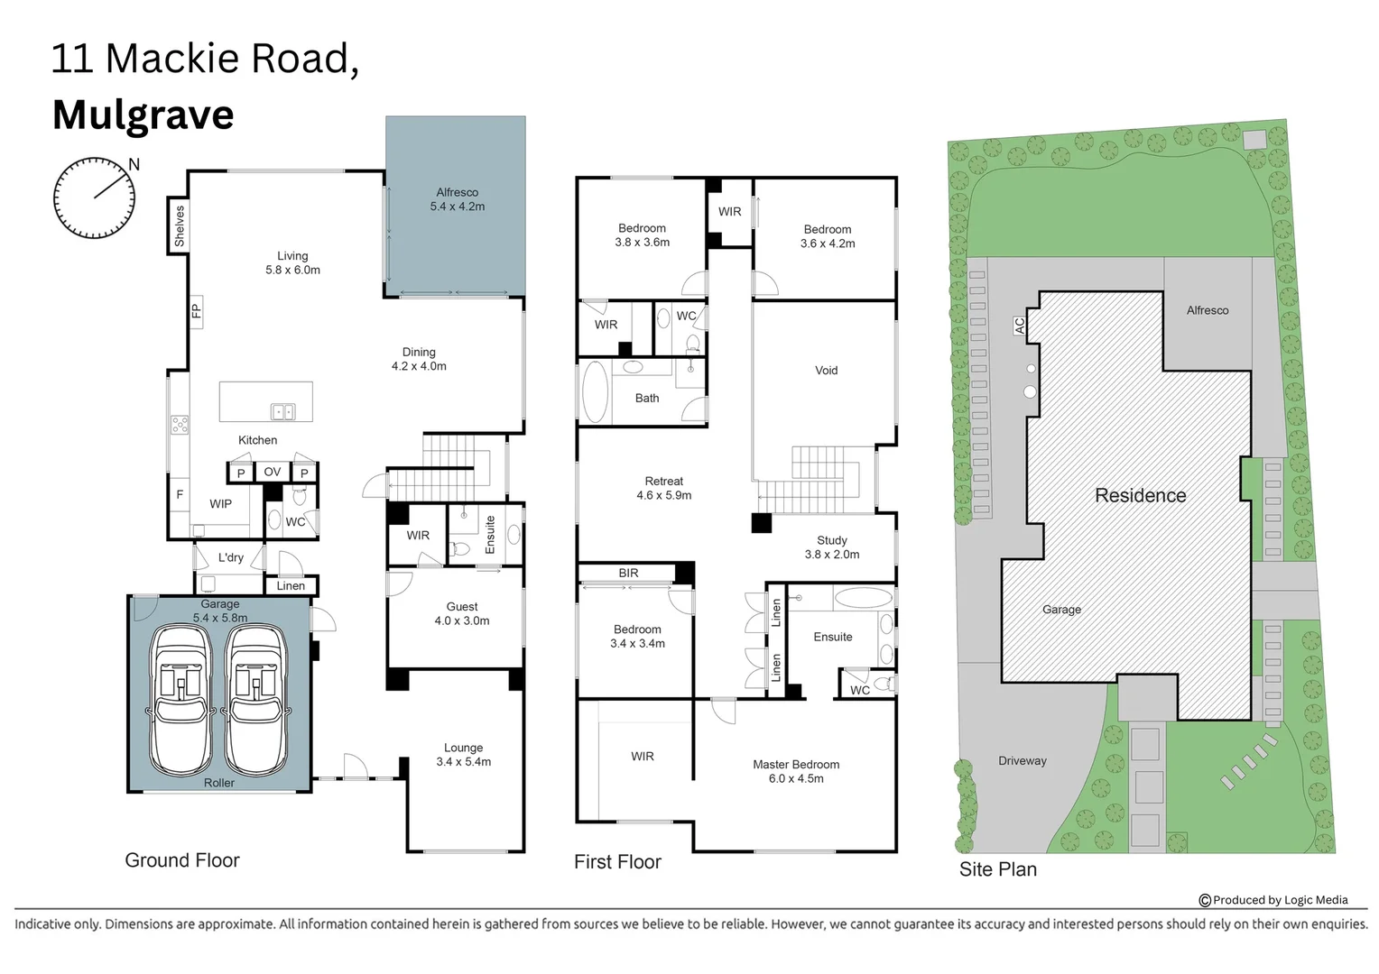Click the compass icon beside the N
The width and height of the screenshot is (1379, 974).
(94, 198)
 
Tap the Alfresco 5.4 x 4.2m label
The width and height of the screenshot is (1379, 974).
(457, 199)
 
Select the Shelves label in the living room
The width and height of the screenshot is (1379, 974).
(179, 225)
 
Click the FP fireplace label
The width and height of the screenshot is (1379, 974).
(196, 311)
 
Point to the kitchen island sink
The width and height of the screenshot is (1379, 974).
(282, 412)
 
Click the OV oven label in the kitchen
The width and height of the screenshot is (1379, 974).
(272, 472)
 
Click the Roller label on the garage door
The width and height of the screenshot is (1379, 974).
(218, 783)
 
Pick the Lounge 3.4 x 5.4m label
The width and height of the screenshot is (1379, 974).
(463, 755)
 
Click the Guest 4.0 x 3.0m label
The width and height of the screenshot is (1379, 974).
(462, 613)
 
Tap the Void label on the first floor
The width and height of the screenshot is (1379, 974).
(826, 371)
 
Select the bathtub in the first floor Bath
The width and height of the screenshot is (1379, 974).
(595, 392)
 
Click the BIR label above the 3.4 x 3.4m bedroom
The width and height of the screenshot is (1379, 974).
(628, 573)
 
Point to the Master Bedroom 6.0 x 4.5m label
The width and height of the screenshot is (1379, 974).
(795, 771)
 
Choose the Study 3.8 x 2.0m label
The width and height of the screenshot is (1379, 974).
(831, 547)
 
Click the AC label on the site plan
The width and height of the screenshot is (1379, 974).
(1020, 326)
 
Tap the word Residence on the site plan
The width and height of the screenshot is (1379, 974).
(1140, 495)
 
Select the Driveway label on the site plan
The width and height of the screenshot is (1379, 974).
(1022, 760)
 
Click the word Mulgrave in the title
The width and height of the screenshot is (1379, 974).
(143, 115)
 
